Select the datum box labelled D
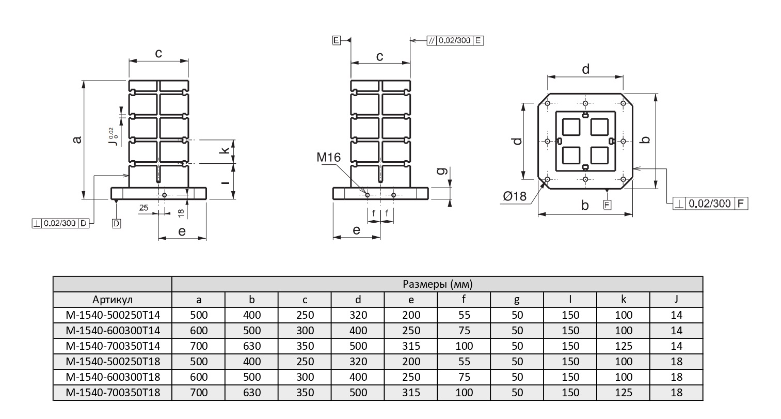[x=116, y=224]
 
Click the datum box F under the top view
[x=608, y=205]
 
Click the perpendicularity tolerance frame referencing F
[x=711, y=204]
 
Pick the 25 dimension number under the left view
[x=144, y=208]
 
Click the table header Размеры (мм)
[x=437, y=284]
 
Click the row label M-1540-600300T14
[x=113, y=331]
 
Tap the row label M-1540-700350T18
[x=113, y=393]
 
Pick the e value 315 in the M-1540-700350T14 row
[x=411, y=346]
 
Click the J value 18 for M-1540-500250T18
[x=676, y=362]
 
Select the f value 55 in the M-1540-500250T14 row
[x=464, y=315]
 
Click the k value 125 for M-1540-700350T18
[x=623, y=393]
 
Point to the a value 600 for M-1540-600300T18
[x=198, y=377]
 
